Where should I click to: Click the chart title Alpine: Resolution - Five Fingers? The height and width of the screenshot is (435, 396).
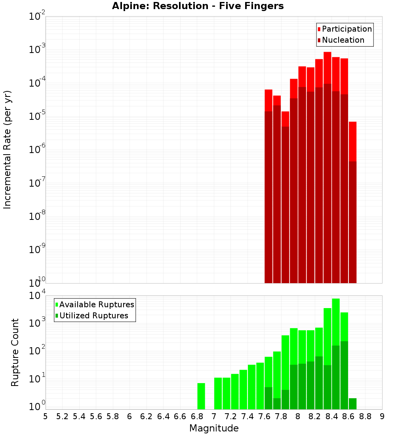(x=198, y=6)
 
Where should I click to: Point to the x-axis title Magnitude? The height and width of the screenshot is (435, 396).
(x=214, y=428)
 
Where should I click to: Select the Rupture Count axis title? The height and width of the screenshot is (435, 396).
(x=15, y=352)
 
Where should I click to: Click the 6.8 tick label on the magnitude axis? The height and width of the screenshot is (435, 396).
(x=197, y=416)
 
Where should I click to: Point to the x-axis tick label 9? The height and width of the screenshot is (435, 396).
(x=382, y=416)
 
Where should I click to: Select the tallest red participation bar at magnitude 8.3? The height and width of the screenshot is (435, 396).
(x=327, y=67)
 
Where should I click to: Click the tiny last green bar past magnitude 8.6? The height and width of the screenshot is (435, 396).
(x=352, y=404)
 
